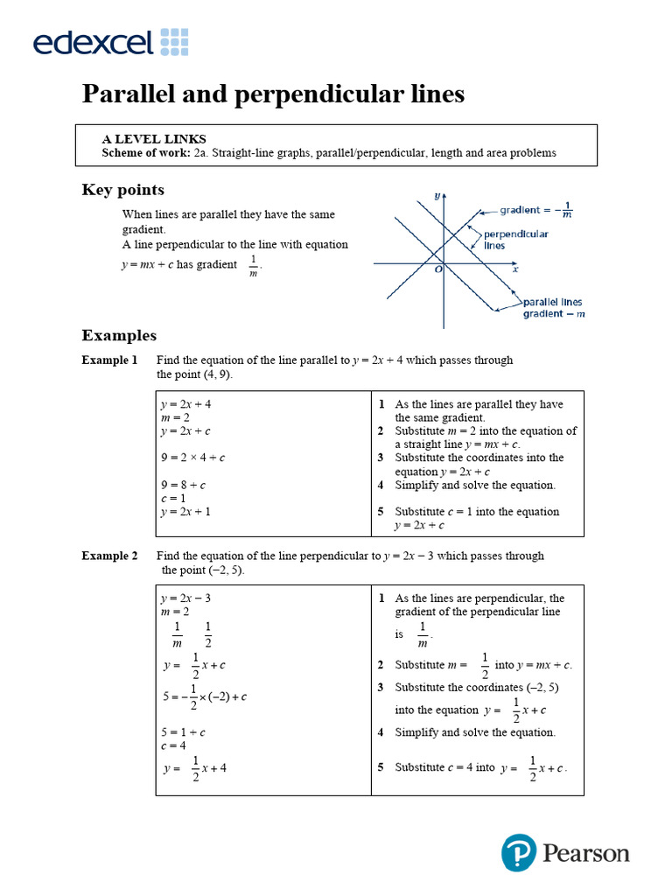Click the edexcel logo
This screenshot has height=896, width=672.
coord(110,41)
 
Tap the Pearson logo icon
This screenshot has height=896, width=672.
coord(518,852)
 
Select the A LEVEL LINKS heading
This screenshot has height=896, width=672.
coord(154,138)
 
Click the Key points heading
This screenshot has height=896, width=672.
coord(122,190)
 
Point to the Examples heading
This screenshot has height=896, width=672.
coord(119,335)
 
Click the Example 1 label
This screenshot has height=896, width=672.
coord(109,360)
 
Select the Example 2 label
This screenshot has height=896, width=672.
coord(109,556)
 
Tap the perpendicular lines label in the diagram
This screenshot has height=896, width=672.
coord(516,240)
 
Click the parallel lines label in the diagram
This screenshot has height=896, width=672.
coord(553,303)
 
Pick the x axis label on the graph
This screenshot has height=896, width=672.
coord(515,269)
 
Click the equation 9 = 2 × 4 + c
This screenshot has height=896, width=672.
coord(192,458)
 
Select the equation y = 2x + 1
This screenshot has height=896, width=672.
coord(185,512)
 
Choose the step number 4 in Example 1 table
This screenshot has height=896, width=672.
coord(381,485)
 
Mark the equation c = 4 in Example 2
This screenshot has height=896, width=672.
coord(172,745)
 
